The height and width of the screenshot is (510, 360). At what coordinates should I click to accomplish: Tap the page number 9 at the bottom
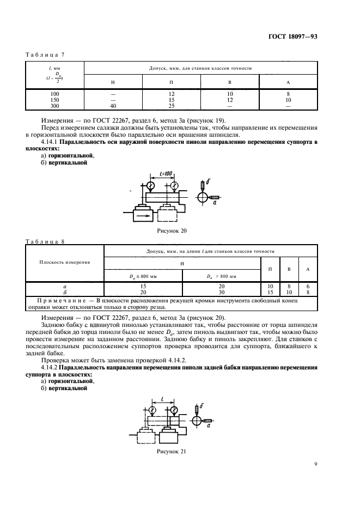pos(315,464)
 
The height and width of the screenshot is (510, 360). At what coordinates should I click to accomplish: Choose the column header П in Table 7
pos(172,82)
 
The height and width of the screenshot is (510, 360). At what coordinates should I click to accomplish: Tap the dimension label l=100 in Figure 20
pos(163,173)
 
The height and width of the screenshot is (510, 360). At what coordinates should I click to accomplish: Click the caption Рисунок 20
pos(172,230)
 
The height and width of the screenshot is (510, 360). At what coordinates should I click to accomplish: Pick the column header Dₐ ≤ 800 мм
pos(142,276)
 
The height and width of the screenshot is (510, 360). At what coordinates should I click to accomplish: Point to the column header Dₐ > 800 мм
pos(221,276)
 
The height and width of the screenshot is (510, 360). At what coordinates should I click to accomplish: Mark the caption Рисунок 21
pos(172,452)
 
